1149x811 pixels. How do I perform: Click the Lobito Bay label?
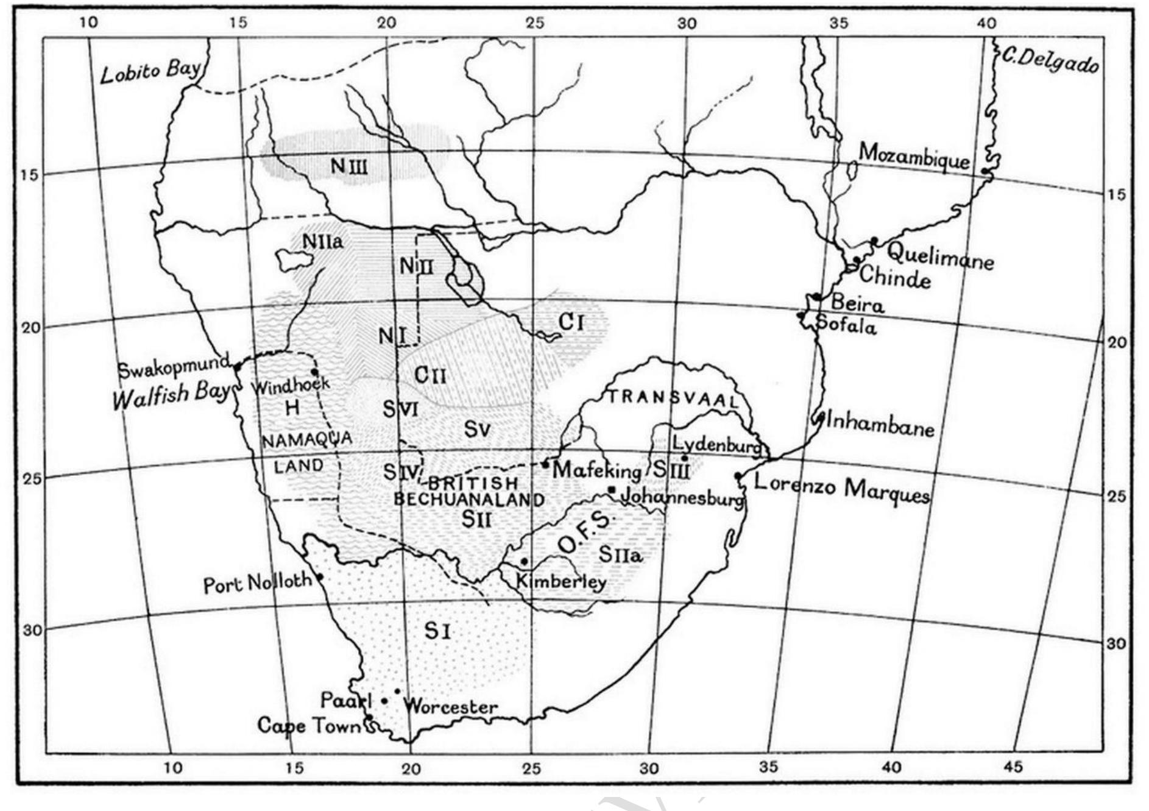point(150,72)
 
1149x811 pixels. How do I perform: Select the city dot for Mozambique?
point(985,171)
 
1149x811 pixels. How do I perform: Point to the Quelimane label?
point(940,256)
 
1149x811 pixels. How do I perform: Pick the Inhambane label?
point(880,425)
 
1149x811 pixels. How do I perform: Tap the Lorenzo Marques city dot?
point(738,476)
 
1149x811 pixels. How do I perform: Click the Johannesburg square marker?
point(612,490)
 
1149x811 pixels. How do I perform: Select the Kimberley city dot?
point(525,561)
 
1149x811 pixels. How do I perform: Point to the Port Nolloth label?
point(257,583)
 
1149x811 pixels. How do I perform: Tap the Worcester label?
point(451,707)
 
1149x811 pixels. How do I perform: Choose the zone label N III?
point(349,165)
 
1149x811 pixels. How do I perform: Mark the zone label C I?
point(571,322)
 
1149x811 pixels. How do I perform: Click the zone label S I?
point(437,631)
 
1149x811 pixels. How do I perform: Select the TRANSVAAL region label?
point(672,398)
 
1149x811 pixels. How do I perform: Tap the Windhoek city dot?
point(315,372)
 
